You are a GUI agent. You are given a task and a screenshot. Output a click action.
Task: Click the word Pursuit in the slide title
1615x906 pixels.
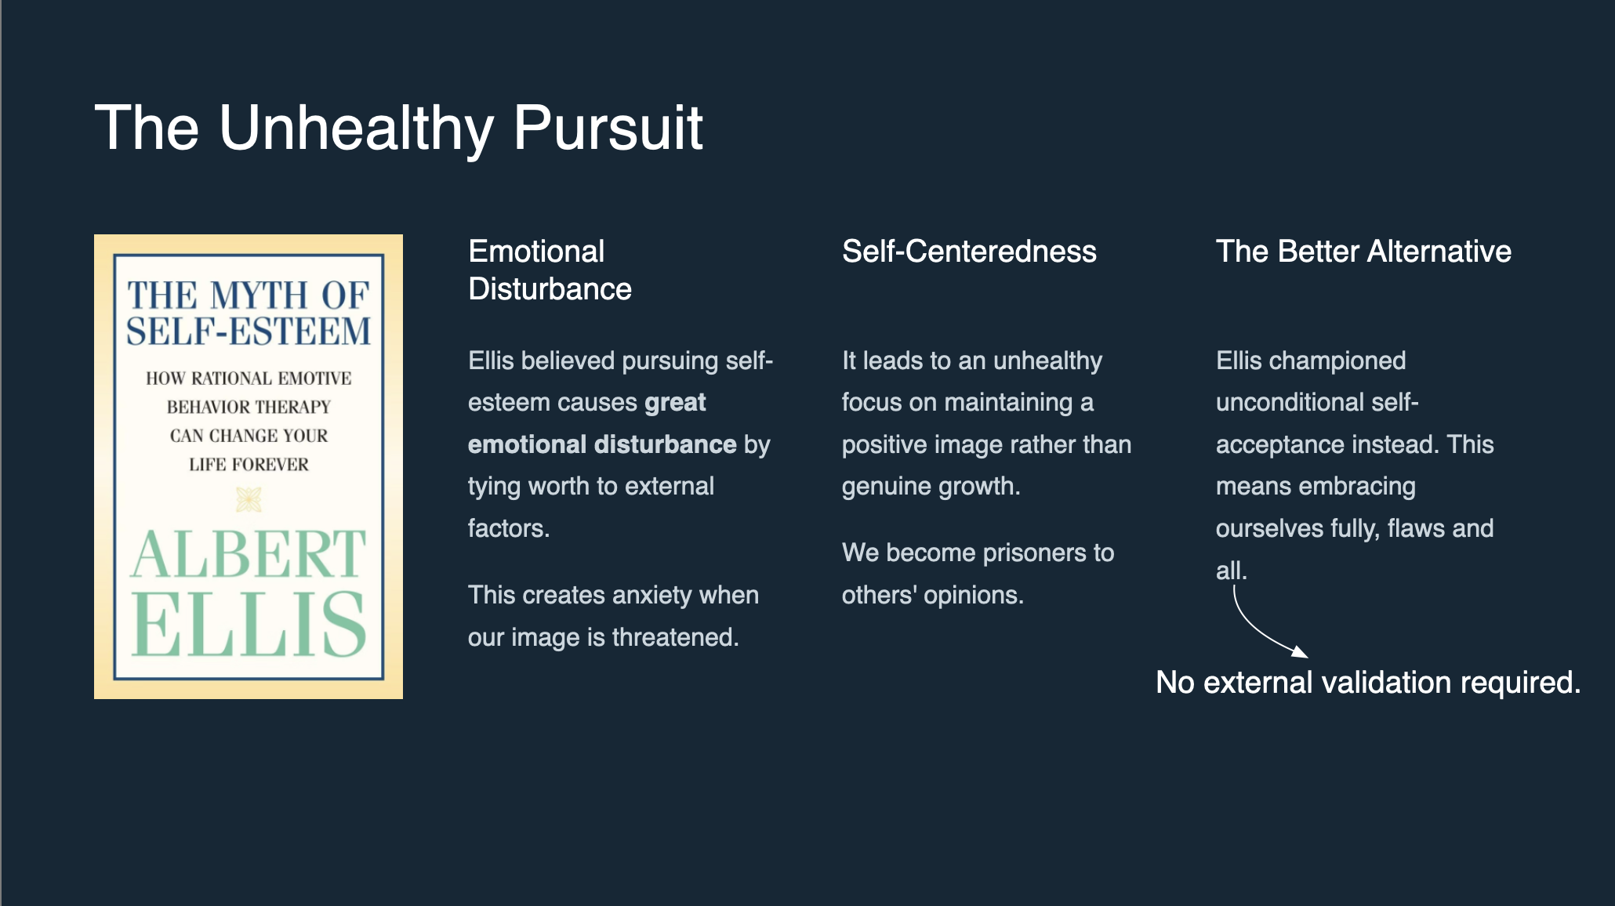coord(608,128)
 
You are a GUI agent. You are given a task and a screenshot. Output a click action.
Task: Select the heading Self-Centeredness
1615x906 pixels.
coord(969,252)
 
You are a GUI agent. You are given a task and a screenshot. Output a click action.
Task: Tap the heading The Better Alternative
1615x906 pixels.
coord(1363,252)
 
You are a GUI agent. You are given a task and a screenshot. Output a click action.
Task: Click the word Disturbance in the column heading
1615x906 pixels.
coord(550,289)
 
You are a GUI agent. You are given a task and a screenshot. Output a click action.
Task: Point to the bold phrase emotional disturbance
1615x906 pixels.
coord(602,444)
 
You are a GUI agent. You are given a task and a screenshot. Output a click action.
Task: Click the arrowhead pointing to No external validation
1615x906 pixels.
coord(1300,651)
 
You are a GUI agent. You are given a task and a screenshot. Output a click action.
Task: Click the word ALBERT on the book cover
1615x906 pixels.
coord(249,554)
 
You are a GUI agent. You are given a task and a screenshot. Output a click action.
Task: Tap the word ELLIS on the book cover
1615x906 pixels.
coord(249,624)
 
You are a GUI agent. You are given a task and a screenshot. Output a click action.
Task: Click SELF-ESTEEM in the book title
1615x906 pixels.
coord(249,332)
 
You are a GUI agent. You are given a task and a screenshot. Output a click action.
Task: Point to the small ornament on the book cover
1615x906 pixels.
coord(249,499)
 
